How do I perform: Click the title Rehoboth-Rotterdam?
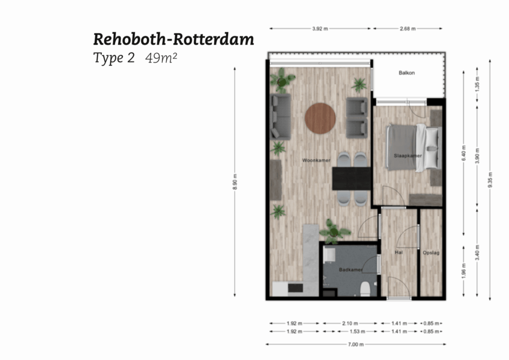click(173, 39)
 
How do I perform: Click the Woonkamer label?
click(316, 161)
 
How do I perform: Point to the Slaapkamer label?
click(408, 156)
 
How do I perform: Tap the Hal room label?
click(398, 252)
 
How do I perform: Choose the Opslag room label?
click(430, 253)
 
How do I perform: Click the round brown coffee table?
click(320, 119)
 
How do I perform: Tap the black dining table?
click(351, 178)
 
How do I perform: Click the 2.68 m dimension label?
click(407, 28)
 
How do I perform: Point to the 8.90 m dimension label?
click(235, 182)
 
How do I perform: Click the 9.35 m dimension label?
click(490, 180)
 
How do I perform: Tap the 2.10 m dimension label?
click(349, 323)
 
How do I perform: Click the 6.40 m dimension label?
click(464, 151)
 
